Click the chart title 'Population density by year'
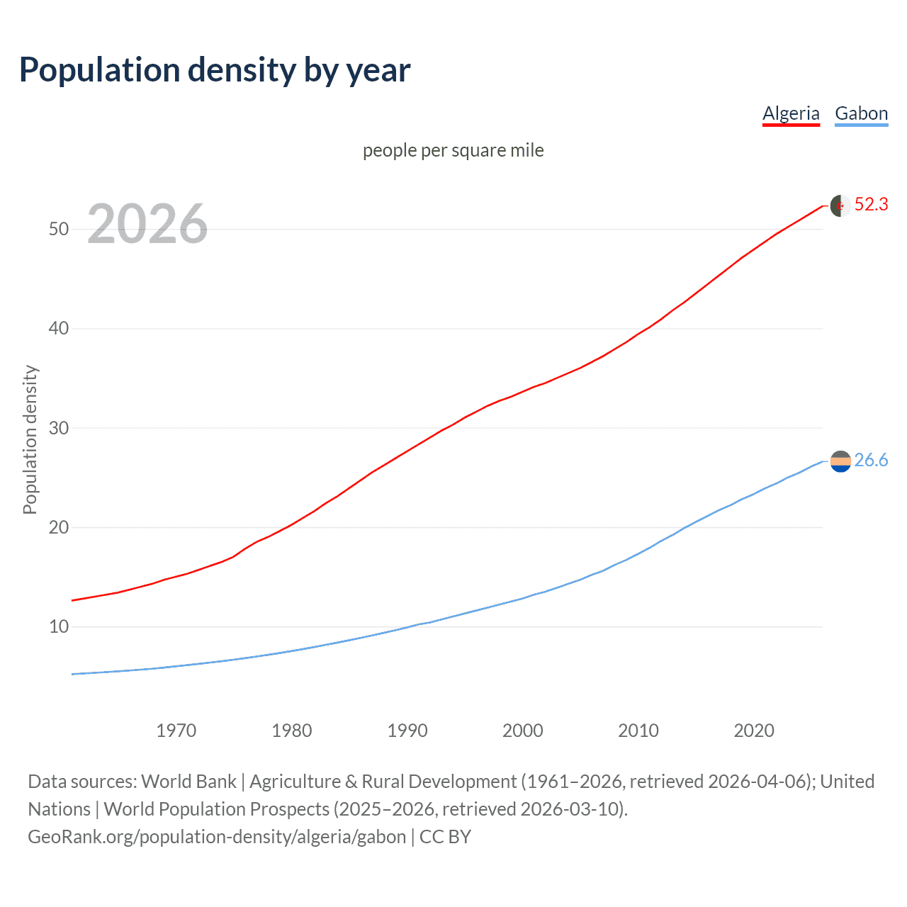(x=215, y=70)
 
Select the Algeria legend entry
(x=791, y=113)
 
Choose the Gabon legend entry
(x=861, y=113)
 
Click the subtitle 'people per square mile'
(x=453, y=150)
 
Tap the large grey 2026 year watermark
(x=147, y=224)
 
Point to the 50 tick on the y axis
(x=59, y=229)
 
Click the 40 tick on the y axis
(x=59, y=329)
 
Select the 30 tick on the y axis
(x=59, y=428)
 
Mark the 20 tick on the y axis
(x=59, y=527)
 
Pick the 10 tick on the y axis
(x=59, y=627)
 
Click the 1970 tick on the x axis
(x=176, y=731)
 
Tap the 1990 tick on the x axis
(x=407, y=731)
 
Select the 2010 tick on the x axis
(x=638, y=731)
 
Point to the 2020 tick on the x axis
(x=754, y=731)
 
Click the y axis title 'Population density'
(x=30, y=439)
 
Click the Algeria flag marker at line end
(x=840, y=205)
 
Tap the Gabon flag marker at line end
(x=840, y=461)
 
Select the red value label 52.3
(x=871, y=205)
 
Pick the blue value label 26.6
(x=871, y=461)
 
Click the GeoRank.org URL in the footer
(x=217, y=837)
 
